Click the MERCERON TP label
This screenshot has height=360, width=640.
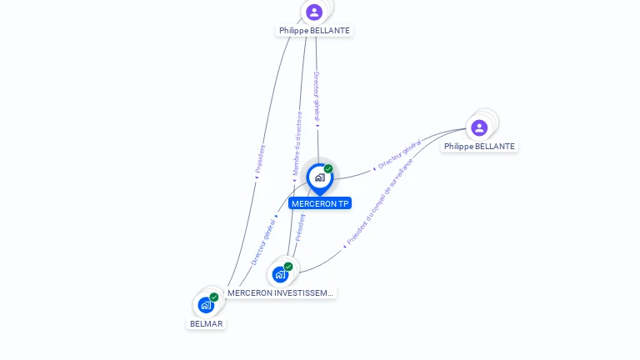coord(320,203)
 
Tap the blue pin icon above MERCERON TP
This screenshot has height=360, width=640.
coord(320,177)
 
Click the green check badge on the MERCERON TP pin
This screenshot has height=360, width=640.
coord(328,169)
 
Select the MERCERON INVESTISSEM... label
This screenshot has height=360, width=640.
coord(281,292)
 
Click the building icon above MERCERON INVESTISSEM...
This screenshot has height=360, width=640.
coord(280,274)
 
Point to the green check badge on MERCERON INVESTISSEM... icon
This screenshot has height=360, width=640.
coord(288,267)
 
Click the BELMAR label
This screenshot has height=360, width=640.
coord(206,323)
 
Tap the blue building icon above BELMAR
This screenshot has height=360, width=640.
coord(206,305)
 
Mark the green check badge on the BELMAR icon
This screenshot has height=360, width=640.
coord(214,297)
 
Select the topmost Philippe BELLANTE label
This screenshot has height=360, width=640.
coord(314,30)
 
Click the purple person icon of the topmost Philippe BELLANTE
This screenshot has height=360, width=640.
coord(314,12)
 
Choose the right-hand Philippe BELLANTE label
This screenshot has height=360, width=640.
coord(479,146)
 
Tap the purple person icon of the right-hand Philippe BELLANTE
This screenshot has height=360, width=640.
coord(479,127)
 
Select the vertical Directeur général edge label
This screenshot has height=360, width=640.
coord(317,97)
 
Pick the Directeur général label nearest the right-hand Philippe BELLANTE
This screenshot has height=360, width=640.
coord(398,156)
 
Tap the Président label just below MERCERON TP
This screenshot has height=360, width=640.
coord(301,227)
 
